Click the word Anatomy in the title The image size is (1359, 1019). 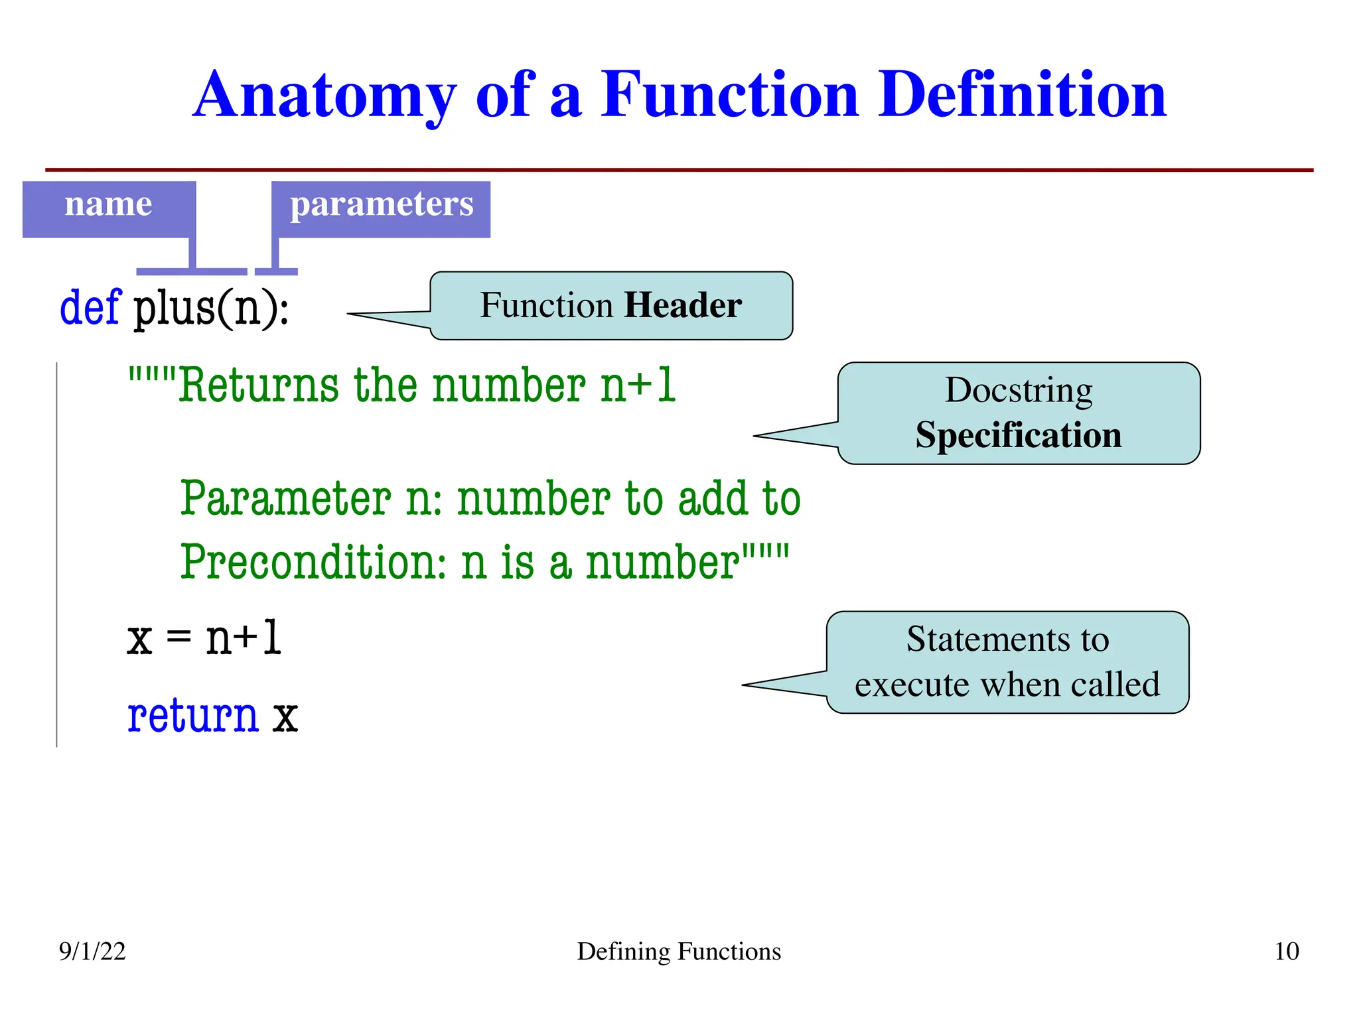(x=324, y=96)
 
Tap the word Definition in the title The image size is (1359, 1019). (x=1022, y=96)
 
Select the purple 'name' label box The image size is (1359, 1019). (x=109, y=208)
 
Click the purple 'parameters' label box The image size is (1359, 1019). (x=381, y=208)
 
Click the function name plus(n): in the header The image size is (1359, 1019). (x=212, y=308)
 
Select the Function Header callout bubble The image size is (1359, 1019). (x=610, y=306)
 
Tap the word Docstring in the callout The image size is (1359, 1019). (x=1019, y=390)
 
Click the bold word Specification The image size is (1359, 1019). (x=1019, y=435)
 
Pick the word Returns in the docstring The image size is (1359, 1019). (x=259, y=385)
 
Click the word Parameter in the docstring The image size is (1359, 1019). (x=285, y=498)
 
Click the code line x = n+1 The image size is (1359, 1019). (x=204, y=638)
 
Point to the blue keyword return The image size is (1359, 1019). (x=192, y=716)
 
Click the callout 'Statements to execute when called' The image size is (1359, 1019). (x=1007, y=662)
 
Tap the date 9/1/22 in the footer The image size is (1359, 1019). (x=92, y=951)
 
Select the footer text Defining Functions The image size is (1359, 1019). (x=679, y=951)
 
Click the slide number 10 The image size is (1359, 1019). (x=1286, y=951)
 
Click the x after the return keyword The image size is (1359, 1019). (x=285, y=717)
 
